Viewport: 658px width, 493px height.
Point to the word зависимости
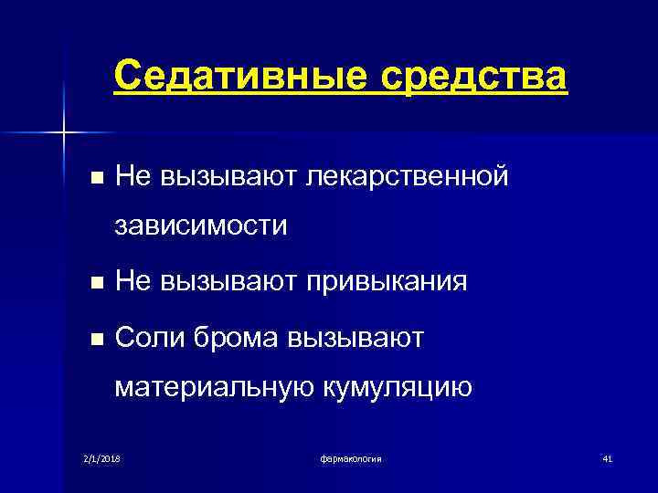point(201,226)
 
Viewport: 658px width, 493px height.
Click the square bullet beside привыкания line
point(87,284)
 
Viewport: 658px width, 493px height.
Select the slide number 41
point(606,457)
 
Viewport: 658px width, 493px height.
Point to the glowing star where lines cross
point(64,133)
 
